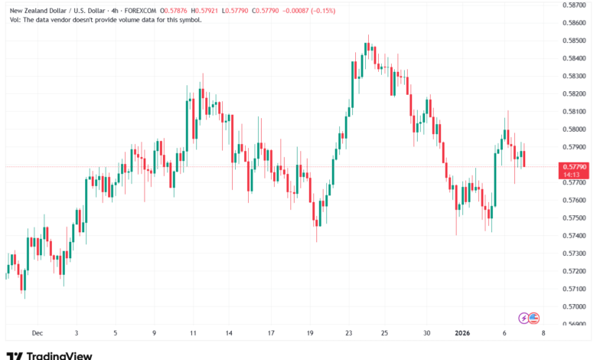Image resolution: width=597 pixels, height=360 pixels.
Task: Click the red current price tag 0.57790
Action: pyautogui.click(x=574, y=166)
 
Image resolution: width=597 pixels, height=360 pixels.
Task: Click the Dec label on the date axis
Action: pyautogui.click(x=37, y=333)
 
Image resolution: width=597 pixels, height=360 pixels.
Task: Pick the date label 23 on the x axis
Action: pyautogui.click(x=348, y=333)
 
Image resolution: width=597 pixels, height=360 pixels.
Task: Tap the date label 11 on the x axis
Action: pyautogui.click(x=193, y=333)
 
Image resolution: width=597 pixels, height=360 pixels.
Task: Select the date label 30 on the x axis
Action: pyautogui.click(x=427, y=333)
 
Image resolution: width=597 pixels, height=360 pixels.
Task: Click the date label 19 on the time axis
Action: pyautogui.click(x=310, y=333)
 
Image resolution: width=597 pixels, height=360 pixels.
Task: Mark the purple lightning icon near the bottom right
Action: pyautogui.click(x=524, y=317)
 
